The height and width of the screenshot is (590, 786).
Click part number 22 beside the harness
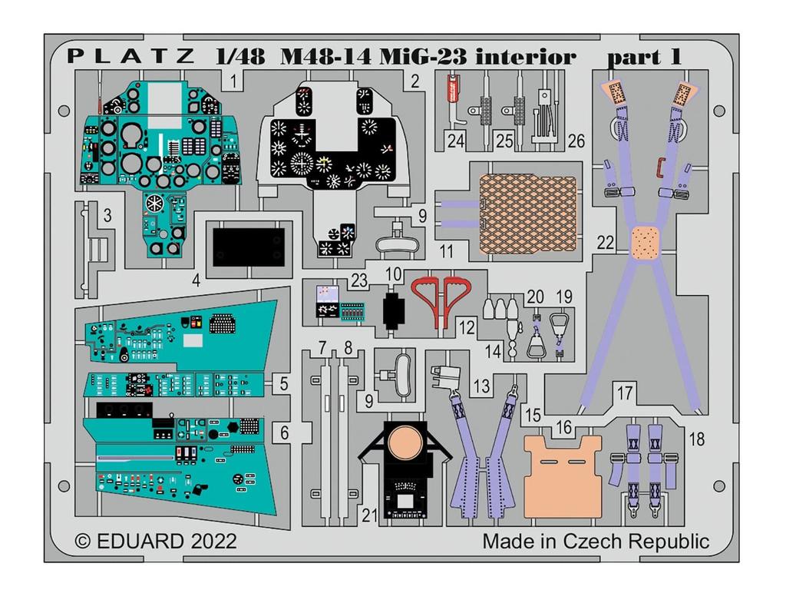(606, 243)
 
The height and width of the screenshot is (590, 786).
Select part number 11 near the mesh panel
(446, 251)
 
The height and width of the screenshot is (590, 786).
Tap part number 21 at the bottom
(370, 516)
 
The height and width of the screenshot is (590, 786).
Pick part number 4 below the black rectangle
(196, 280)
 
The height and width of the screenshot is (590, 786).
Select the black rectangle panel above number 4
(249, 245)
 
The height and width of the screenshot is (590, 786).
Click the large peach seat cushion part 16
(564, 469)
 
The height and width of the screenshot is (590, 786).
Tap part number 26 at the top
(576, 141)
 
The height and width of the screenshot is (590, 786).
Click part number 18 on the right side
(697, 439)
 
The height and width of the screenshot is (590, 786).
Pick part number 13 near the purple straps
(481, 387)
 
